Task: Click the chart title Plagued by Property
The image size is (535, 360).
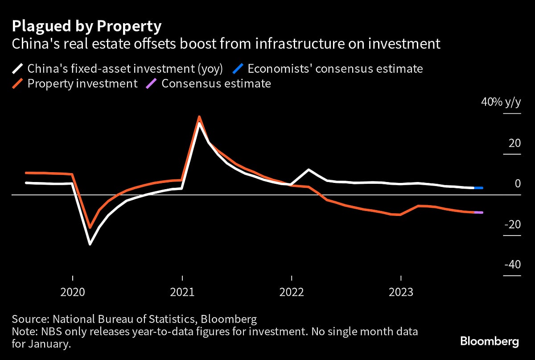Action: pos(86,27)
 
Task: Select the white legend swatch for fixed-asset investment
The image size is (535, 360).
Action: pos(17,69)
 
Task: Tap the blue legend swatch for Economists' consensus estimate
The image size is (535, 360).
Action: pos(238,69)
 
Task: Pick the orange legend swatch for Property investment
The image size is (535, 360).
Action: pos(17,83)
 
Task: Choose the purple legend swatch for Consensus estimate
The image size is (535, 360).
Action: pos(152,83)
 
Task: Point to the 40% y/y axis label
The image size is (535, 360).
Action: pos(500,102)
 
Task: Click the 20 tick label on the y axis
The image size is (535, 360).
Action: pos(514,144)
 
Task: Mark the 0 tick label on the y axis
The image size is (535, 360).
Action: pos(518,184)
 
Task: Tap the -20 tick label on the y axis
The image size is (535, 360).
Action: pos(512,224)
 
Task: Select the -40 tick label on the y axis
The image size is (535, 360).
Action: pos(512,265)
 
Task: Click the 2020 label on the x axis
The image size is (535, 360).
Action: pos(73,292)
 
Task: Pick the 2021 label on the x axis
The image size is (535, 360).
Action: pos(182,292)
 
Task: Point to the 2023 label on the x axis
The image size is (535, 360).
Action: pos(401,292)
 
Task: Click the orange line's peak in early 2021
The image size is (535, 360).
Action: pos(199,117)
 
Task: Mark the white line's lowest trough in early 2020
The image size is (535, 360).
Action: pos(90,244)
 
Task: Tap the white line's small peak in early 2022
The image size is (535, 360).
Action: pos(309,170)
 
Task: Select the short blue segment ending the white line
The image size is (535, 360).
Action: pos(478,188)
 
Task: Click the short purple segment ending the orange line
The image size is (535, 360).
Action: pos(478,212)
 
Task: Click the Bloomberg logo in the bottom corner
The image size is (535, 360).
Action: pos(489,342)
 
